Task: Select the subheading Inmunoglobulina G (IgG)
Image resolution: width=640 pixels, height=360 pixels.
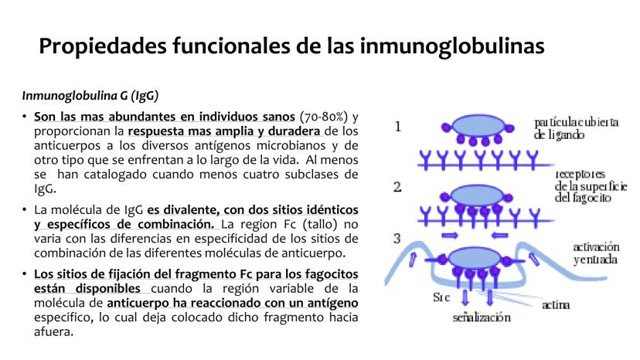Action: pyautogui.click(x=90, y=96)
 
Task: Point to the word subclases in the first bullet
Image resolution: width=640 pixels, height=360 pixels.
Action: pyautogui.click(x=305, y=174)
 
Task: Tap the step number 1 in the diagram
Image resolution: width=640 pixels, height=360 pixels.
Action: pyautogui.click(x=397, y=127)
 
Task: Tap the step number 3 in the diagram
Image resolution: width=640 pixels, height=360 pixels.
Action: pyautogui.click(x=397, y=237)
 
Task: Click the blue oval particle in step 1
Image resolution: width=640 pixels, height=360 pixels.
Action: pyautogui.click(x=475, y=126)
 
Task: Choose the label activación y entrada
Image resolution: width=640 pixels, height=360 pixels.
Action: pyautogui.click(x=594, y=253)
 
